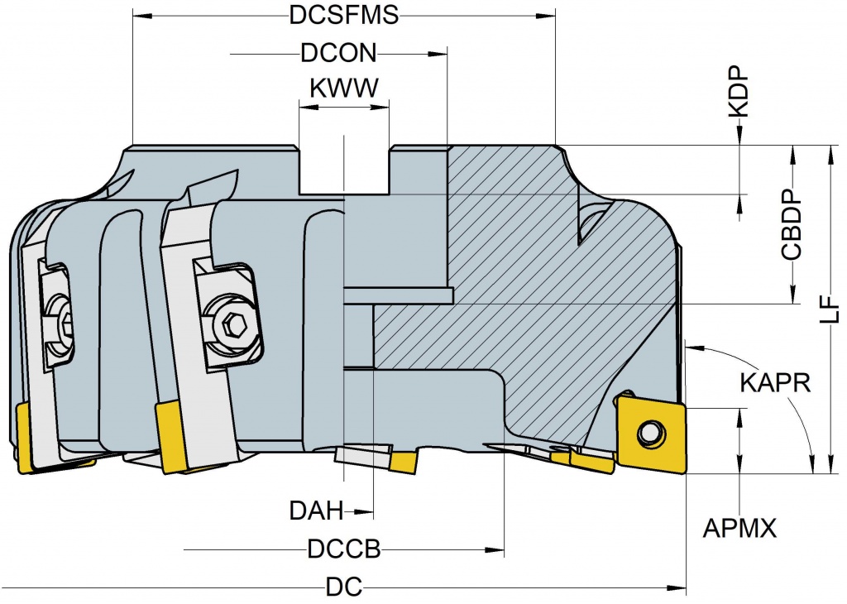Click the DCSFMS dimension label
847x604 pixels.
pyautogui.click(x=344, y=16)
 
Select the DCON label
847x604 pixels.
pyautogui.click(x=338, y=55)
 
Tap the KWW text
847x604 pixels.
pyautogui.click(x=343, y=89)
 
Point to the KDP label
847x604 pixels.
pyautogui.click(x=739, y=91)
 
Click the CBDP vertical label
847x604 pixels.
pyautogui.click(x=792, y=226)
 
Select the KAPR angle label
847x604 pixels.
pyautogui.click(x=774, y=384)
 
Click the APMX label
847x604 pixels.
pyautogui.click(x=740, y=528)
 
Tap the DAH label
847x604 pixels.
pyautogui.click(x=316, y=511)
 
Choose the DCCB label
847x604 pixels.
pyautogui.click(x=343, y=549)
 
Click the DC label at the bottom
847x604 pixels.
pyautogui.click(x=344, y=587)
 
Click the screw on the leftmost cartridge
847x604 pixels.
pyautogui.click(x=64, y=324)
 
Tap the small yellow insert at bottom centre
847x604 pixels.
pyautogui.click(x=404, y=462)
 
